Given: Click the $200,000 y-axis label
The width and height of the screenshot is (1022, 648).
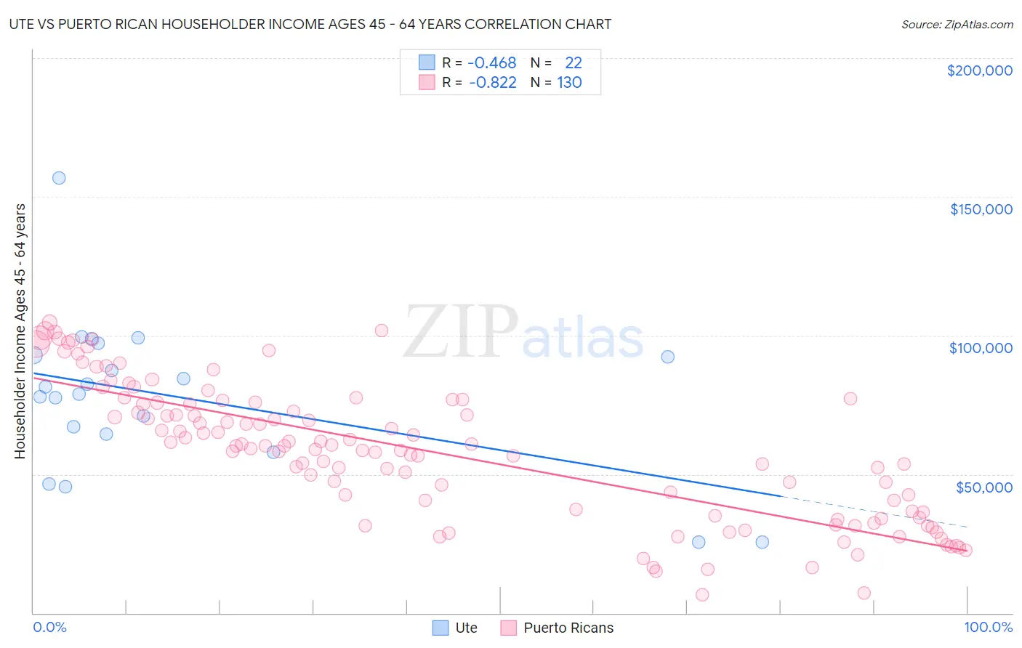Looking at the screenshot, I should tap(979, 70).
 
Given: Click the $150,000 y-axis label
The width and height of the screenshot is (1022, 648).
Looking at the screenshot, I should tap(981, 209).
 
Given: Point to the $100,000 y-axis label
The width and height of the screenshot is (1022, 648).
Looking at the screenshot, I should tap(981, 348).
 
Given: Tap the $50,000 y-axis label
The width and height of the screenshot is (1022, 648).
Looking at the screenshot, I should tap(983, 487).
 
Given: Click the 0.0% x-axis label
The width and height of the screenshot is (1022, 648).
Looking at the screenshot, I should tap(49, 627).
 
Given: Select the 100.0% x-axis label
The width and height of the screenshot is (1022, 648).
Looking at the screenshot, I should tap(988, 627).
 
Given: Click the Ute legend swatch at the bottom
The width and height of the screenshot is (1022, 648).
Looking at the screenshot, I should tap(440, 628).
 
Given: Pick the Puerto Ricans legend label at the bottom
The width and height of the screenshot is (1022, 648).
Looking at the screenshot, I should tap(568, 628).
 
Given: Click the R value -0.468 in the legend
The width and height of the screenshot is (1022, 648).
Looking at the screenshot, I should tap(491, 63).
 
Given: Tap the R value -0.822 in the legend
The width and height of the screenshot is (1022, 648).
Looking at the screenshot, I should tap(492, 83).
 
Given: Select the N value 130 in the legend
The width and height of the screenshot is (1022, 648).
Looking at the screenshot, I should tap(569, 83).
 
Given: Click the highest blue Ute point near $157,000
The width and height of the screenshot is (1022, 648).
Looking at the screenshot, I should tap(59, 178).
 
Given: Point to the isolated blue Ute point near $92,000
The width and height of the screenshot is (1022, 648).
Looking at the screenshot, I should tap(667, 357).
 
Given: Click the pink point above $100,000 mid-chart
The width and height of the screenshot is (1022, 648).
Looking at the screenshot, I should tap(381, 331).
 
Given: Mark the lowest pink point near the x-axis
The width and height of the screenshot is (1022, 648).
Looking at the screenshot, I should tap(702, 594).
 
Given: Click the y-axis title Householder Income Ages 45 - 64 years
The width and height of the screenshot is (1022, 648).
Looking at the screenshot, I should tap(20, 331).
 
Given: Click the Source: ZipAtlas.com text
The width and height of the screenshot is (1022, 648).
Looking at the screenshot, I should tap(957, 25).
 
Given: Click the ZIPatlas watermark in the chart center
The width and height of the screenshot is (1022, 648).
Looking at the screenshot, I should tap(523, 333).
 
